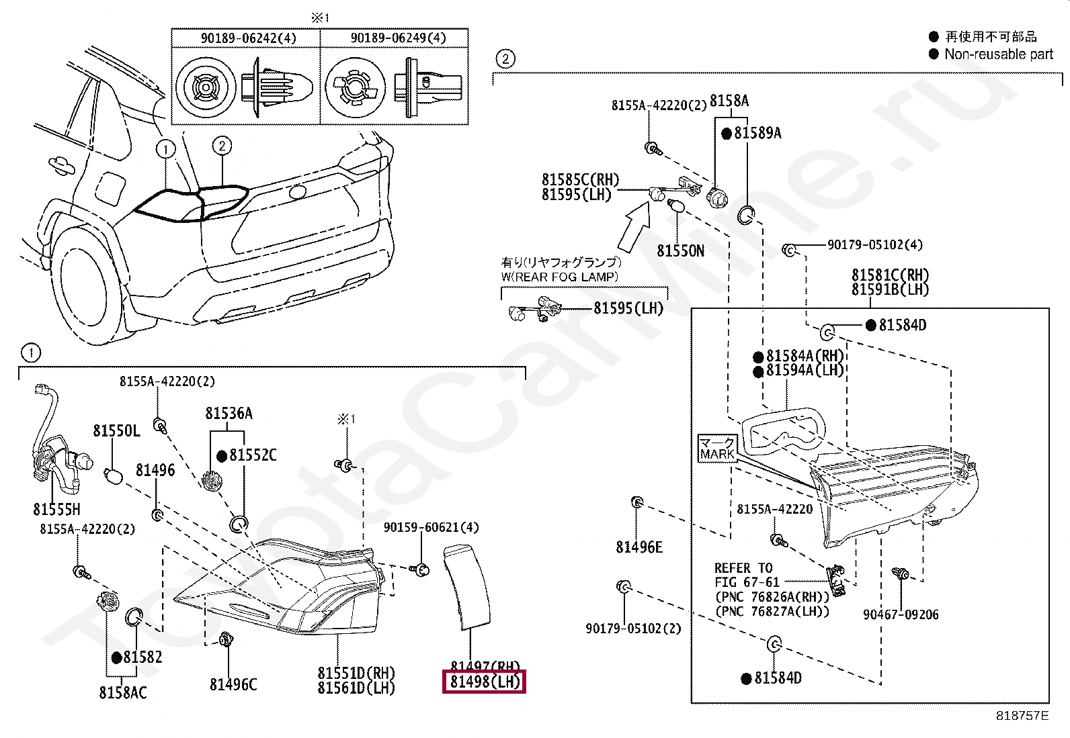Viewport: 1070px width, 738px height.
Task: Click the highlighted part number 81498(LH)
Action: point(484,682)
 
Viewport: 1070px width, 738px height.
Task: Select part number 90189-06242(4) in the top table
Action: point(248,38)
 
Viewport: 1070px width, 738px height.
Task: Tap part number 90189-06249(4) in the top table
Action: point(398,38)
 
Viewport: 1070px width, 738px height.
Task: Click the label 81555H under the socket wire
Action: point(56,509)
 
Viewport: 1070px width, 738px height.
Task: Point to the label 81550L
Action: point(116,430)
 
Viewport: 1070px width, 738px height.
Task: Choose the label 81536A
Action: point(229,414)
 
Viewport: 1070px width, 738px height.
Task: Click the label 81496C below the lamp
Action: point(233,684)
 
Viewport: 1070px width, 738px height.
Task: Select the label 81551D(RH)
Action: point(356,673)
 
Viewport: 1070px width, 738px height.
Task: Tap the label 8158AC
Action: point(123,692)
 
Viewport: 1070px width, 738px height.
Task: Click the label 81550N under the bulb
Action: point(680,251)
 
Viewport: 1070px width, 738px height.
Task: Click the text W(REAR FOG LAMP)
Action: point(559,277)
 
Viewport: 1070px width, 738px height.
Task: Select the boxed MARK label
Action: point(717,448)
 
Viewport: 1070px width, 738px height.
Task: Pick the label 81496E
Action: point(639,547)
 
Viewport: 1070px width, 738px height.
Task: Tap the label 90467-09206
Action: point(901,614)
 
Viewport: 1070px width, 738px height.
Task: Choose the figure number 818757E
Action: point(1022,716)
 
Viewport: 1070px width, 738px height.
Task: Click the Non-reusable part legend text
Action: point(998,54)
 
